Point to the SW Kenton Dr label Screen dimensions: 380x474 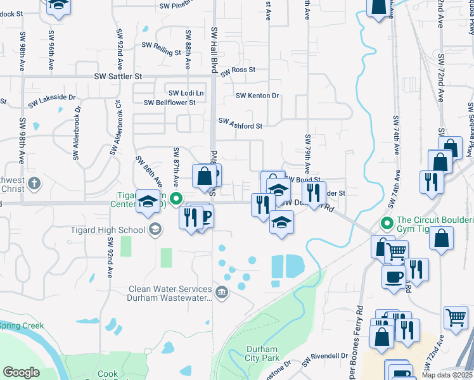[257, 96]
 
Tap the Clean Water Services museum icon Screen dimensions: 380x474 [222, 292]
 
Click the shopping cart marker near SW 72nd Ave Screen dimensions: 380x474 [456, 317]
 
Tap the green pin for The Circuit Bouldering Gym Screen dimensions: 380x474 [386, 224]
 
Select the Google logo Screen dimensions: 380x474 [20, 372]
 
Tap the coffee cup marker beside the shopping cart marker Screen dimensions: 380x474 [394, 276]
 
